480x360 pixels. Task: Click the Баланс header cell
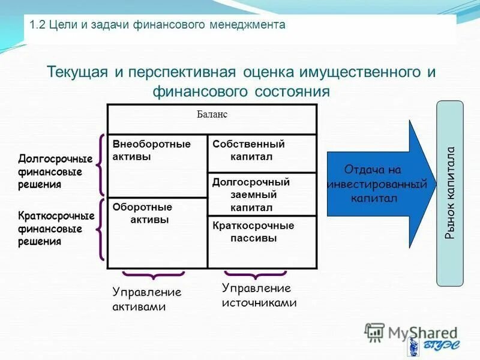(212, 119)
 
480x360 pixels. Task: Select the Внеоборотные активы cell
(157, 165)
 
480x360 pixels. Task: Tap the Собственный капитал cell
(262, 153)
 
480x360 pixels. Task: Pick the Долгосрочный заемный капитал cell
(262, 194)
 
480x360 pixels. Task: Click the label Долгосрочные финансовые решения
(55, 172)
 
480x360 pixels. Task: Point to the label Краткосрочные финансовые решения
(55, 229)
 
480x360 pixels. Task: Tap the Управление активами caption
(147, 299)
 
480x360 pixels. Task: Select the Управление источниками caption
(259, 296)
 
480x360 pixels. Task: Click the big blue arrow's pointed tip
(434, 184)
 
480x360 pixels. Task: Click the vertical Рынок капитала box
(449, 193)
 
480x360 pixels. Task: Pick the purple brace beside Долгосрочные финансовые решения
(101, 164)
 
